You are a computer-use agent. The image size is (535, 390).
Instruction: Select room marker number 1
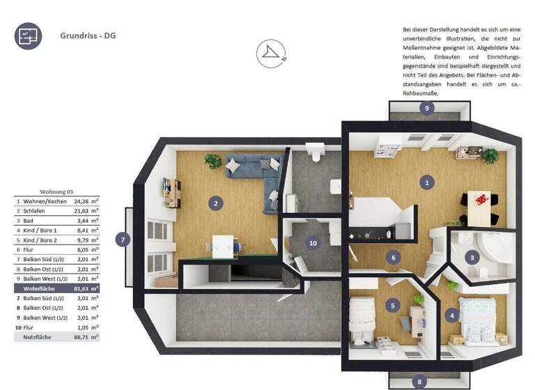coord(426,183)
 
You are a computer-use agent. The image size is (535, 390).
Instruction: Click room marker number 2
coord(217,203)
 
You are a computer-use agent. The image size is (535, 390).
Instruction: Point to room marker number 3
coord(472,257)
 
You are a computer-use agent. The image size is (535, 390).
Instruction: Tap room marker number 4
coord(453,315)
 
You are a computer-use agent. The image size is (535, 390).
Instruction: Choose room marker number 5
coord(393,304)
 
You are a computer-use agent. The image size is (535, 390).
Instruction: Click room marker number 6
coord(394,258)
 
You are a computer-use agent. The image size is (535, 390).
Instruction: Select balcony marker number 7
coord(123,239)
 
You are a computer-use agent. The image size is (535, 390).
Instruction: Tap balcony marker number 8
coord(419,381)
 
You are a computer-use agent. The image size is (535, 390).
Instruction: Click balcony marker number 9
coord(427,108)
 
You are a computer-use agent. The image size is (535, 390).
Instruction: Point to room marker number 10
coord(313,243)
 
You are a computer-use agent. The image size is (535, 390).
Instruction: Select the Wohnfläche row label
coord(39,288)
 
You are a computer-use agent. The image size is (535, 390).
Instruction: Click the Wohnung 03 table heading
coord(56,192)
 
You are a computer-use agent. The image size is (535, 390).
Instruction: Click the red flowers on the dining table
coord(479,199)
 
